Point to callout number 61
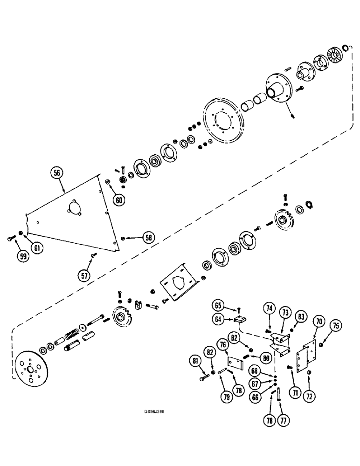pyautogui.click(x=38, y=248)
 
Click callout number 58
pyautogui.click(x=148, y=238)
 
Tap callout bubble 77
pyautogui.click(x=282, y=420)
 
